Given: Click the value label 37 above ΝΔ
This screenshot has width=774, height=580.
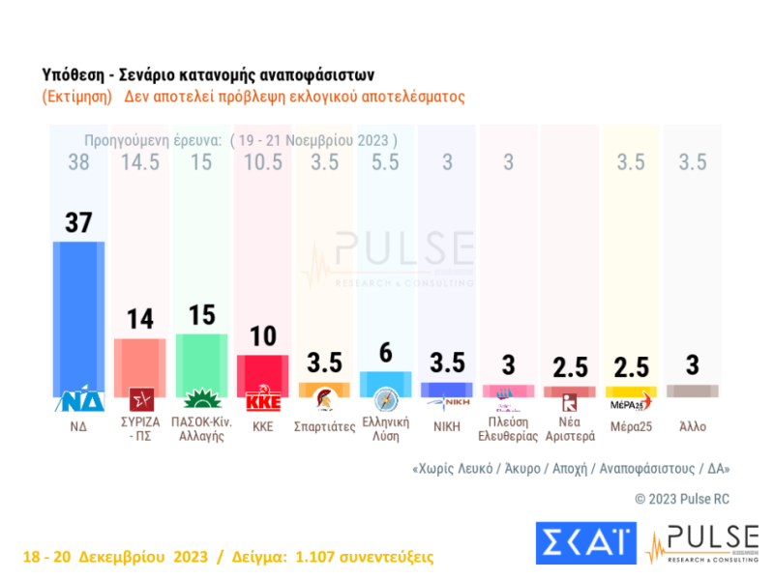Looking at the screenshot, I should tap(78, 222).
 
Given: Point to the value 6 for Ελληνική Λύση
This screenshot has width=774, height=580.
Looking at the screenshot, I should tap(385, 354).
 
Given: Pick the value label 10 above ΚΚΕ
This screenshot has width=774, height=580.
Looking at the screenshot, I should tap(263, 336).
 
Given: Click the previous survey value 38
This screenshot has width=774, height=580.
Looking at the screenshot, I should tap(78, 163).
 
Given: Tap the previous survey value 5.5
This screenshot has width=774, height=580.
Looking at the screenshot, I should tap(385, 163).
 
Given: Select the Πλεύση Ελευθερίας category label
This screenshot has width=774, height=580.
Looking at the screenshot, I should tap(508, 428).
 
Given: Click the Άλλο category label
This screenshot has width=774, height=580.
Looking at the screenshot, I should tap(693, 422).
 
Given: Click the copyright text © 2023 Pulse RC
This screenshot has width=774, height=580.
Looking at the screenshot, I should tap(683, 499).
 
